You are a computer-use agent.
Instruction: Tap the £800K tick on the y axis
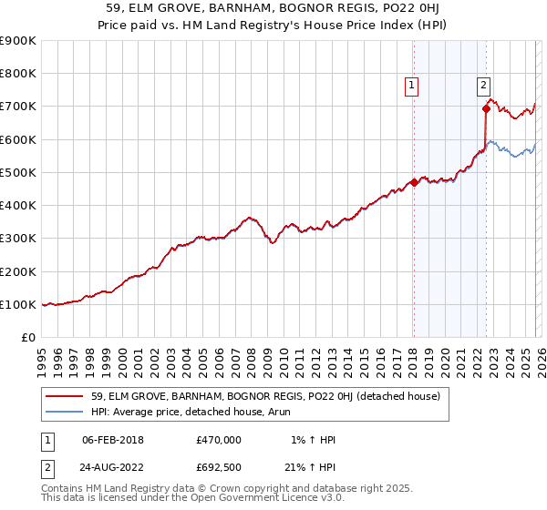tap(18, 74)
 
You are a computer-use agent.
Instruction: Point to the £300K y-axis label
tap(18, 239)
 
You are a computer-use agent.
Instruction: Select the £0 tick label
tap(27, 338)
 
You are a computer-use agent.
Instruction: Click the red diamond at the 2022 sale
tap(486, 109)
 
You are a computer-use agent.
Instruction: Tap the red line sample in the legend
tap(66, 396)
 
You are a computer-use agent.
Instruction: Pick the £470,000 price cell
tap(219, 440)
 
